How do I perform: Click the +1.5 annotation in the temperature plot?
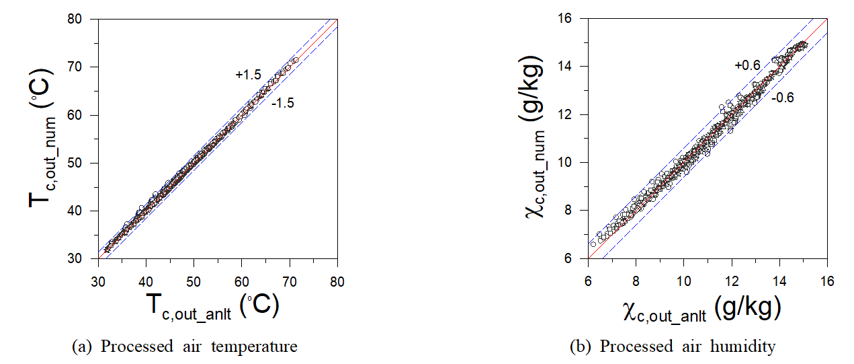point(248,75)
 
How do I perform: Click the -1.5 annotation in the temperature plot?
point(283,103)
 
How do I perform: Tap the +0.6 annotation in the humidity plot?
point(747,65)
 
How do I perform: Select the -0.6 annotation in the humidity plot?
point(782,98)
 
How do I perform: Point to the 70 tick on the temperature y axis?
point(85,67)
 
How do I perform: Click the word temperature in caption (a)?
point(263,347)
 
